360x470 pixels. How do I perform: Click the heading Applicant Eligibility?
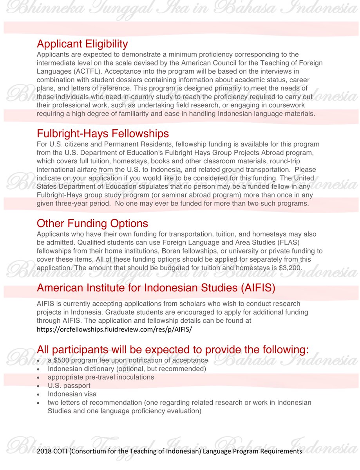(82, 43)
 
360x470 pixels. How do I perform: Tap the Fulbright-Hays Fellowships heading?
(103, 134)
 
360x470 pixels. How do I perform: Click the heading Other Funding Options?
(92, 223)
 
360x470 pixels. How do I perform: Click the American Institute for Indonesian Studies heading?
(156, 288)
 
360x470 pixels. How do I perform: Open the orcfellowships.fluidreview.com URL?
(114, 329)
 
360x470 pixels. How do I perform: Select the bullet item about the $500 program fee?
(128, 360)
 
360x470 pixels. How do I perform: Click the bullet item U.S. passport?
(69, 386)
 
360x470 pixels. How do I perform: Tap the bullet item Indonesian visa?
(72, 394)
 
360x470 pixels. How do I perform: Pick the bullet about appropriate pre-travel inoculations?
(101, 377)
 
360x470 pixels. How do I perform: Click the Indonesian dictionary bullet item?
(127, 369)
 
